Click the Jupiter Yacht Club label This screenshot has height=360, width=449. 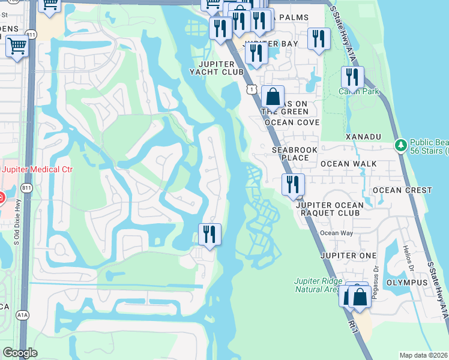pos(213,68)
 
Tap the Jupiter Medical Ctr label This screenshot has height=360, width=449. pos(37,170)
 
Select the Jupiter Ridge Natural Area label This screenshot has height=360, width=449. pos(318,285)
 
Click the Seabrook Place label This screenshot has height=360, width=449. pos(291,154)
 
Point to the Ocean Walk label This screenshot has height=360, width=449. pos(348,163)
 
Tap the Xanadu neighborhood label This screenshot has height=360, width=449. pos(363,137)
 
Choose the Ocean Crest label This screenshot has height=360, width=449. pos(402,190)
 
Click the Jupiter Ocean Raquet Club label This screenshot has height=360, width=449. pos(330,209)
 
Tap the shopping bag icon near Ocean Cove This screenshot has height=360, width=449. pos(273,97)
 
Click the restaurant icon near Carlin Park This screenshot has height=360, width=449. pos(352,77)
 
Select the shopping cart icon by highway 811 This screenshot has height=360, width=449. pos(17,45)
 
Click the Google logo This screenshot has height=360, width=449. pos(20,352)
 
